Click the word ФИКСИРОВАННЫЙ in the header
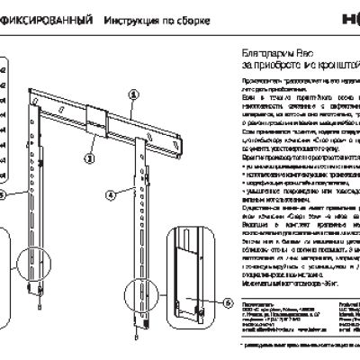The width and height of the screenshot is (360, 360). pyautogui.click(x=44, y=18)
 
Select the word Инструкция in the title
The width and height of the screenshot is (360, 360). pyautogui.click(x=128, y=18)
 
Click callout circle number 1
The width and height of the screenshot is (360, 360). pyautogui.click(x=133, y=93)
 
